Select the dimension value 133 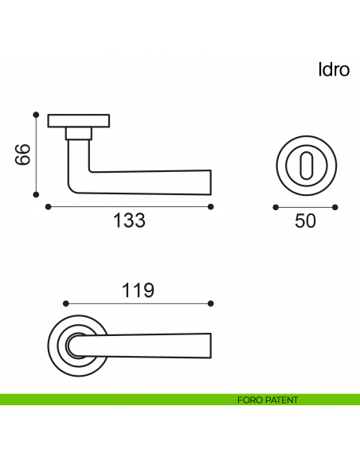(129, 221)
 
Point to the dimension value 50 (305, 221)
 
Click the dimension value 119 (138, 291)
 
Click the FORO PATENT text (268, 400)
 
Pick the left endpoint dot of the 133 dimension (48, 207)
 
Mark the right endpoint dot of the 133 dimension (210, 207)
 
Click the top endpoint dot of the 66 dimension (36, 113)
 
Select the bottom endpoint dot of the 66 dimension (36, 193)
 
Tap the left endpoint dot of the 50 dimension (275, 207)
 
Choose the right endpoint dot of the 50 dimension (335, 207)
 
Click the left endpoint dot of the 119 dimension (65, 303)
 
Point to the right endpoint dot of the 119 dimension (211, 303)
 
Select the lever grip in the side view (151, 182)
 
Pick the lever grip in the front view (151, 346)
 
